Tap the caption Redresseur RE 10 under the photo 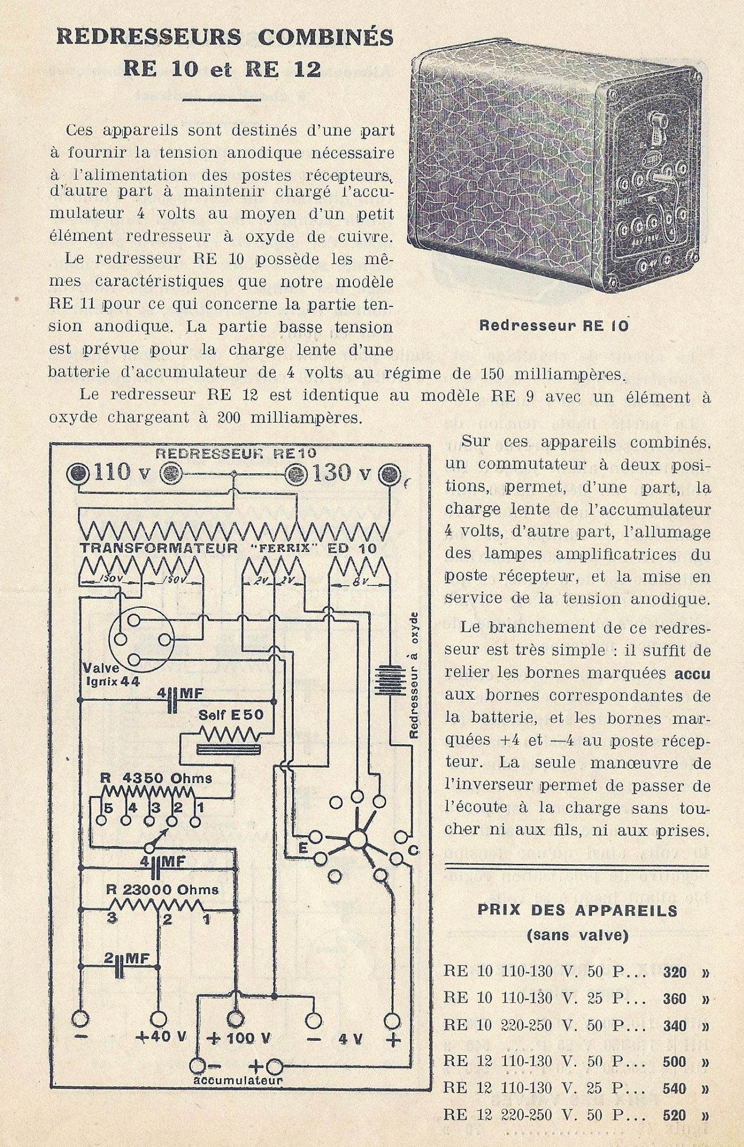(554, 325)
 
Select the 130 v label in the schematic (341, 472)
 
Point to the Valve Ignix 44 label (111, 675)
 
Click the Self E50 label (231, 715)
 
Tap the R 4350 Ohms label (156, 778)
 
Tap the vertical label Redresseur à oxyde (415, 675)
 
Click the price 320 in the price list (674, 973)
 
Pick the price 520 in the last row (674, 1114)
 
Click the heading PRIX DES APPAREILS (577, 911)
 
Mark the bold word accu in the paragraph (692, 673)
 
